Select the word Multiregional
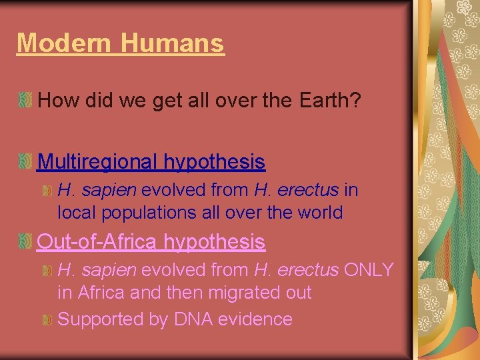tap(98, 161)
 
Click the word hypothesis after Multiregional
tap(215, 161)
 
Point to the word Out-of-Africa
tap(98, 241)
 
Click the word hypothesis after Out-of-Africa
tap(215, 241)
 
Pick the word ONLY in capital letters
tap(369, 270)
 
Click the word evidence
tap(260, 319)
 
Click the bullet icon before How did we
tap(25, 101)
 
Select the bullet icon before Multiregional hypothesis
tap(25, 161)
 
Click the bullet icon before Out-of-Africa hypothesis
tap(25, 241)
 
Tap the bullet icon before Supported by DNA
tap(47, 320)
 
